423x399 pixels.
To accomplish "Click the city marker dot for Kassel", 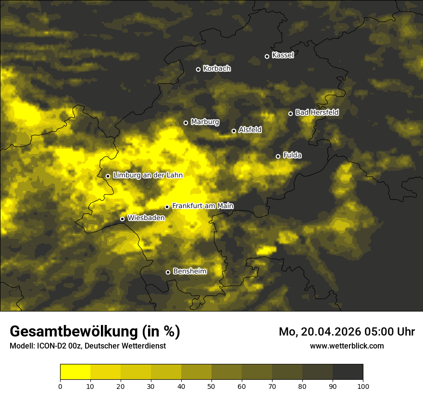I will point(267,56).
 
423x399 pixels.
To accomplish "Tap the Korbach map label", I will point(217,69).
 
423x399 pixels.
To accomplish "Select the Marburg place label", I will point(205,122).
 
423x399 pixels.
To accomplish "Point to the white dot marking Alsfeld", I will point(234,131).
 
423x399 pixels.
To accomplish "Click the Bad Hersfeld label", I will point(317,112).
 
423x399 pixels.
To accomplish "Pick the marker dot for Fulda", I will point(278,156).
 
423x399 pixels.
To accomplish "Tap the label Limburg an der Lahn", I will point(148,175).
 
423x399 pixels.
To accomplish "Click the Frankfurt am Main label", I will point(203,206).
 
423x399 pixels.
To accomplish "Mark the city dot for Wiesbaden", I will point(122,219).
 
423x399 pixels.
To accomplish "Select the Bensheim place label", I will point(189,272).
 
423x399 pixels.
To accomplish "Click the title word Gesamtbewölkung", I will point(73,332).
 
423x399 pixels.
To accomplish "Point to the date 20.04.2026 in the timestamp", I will point(332,332).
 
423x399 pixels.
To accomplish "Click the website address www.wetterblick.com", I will point(347,346).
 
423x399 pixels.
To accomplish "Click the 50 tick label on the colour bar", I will point(211,386).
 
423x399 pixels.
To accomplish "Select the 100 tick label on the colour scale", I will point(363,386).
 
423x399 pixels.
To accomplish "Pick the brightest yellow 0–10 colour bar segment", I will point(75,372).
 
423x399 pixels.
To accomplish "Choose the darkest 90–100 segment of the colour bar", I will point(348,372).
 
